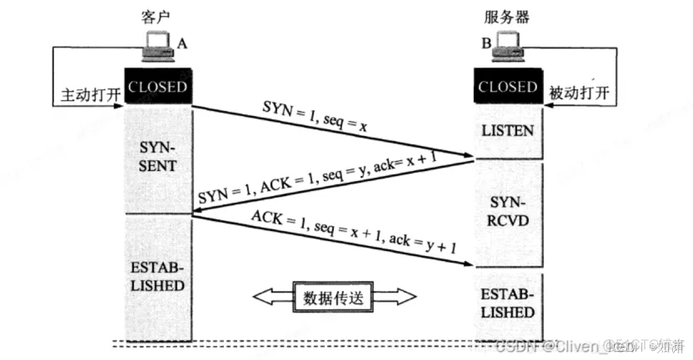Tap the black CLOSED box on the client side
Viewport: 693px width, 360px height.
tap(157, 87)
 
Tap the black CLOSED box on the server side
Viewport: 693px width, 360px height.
tap(507, 87)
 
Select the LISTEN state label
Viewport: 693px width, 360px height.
tap(507, 132)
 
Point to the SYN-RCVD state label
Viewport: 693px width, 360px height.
tap(507, 213)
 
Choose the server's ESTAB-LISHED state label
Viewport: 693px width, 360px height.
tap(507, 302)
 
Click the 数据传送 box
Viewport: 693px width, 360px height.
tap(333, 296)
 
